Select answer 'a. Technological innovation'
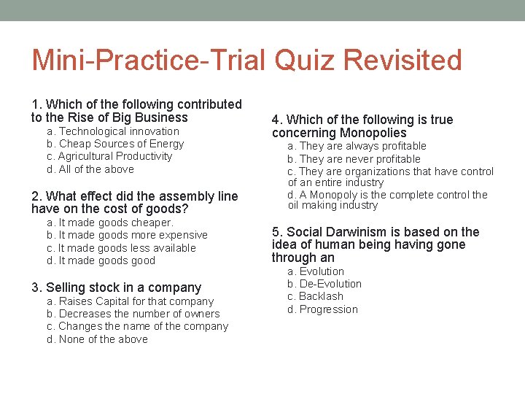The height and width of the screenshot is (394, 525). coord(113,131)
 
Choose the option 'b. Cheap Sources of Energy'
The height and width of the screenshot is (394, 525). coord(115,144)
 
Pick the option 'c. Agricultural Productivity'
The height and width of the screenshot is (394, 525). coord(109,156)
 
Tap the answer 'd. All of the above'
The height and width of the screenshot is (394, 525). coord(90,169)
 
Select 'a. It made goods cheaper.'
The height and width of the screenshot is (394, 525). coord(110,223)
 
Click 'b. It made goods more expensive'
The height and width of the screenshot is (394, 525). coord(127,235)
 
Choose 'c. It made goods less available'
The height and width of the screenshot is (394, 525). coord(121,248)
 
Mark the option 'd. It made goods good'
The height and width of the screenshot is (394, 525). coord(101,260)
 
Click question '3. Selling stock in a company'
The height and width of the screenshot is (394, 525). coord(116,287)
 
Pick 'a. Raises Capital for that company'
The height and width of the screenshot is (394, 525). coord(130,301)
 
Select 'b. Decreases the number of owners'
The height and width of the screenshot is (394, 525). coord(133,314)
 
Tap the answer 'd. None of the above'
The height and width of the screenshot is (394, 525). coord(97,339)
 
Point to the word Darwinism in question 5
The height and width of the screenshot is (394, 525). coord(354,232)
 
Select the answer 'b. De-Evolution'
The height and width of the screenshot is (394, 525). coord(324,284)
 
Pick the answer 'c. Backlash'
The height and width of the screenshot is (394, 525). coord(315,296)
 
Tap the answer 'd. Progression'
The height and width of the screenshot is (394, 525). coord(322,309)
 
